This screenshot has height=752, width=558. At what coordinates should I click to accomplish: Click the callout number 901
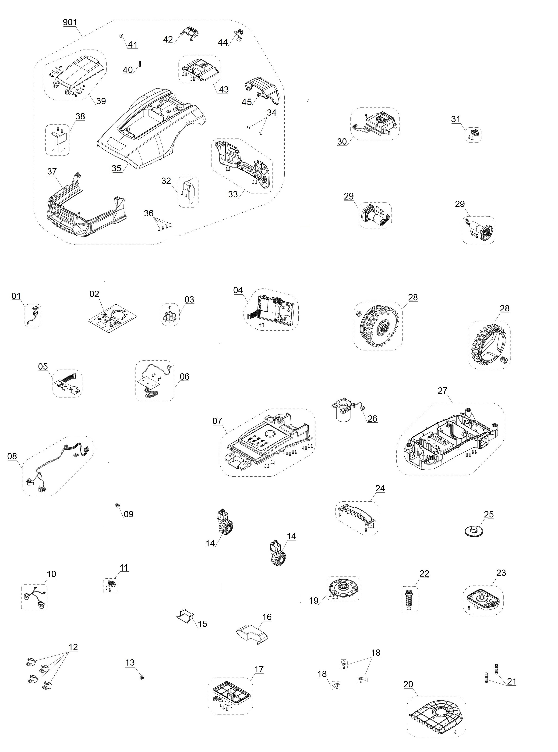[x=70, y=22]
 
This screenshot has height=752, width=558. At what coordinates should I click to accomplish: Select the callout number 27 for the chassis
[x=442, y=391]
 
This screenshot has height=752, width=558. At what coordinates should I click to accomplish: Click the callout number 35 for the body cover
[x=117, y=168]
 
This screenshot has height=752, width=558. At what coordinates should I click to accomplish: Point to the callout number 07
[x=217, y=421]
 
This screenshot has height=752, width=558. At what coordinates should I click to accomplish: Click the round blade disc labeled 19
[x=343, y=587]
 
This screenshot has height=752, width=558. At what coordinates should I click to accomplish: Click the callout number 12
[x=73, y=647]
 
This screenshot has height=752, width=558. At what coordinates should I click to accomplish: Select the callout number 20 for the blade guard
[x=408, y=684]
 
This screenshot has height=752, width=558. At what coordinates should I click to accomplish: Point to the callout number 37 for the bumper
[x=52, y=172]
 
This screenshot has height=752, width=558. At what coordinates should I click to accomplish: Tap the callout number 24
[x=380, y=488]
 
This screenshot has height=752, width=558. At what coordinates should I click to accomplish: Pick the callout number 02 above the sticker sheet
[x=94, y=294]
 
